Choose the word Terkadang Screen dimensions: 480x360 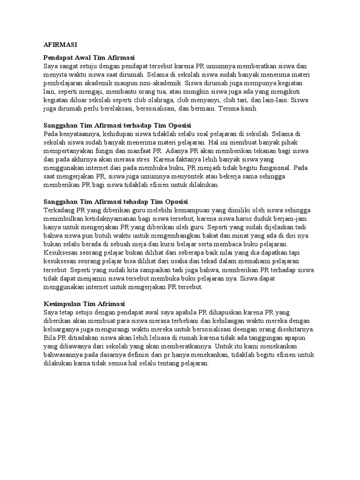click(x=59, y=210)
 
